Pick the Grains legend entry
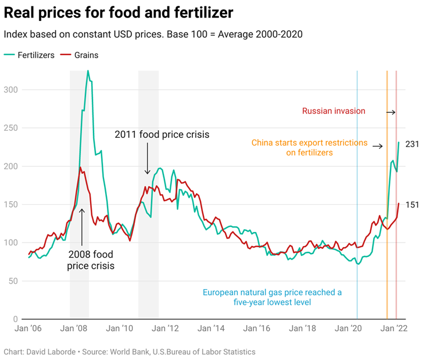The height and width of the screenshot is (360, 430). pyautogui.click(x=85, y=55)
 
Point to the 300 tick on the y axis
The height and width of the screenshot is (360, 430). pyautogui.click(x=11, y=90)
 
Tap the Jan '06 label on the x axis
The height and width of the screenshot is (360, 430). pyautogui.click(x=28, y=329)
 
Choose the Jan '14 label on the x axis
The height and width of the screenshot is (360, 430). pyautogui.click(x=212, y=329)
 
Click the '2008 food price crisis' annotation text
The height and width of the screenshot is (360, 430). pyautogui.click(x=91, y=260)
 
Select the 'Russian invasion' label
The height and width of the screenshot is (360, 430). pyautogui.click(x=334, y=111)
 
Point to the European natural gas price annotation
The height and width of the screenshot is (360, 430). pyautogui.click(x=272, y=297)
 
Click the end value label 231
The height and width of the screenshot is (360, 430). pyautogui.click(x=412, y=144)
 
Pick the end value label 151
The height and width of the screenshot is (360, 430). pyautogui.click(x=412, y=205)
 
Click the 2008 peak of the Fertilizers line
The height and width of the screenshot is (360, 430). pyautogui.click(x=88, y=71)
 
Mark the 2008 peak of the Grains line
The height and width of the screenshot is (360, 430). pyautogui.click(x=80, y=167)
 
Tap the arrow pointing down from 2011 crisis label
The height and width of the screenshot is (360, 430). pyautogui.click(x=148, y=160)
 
